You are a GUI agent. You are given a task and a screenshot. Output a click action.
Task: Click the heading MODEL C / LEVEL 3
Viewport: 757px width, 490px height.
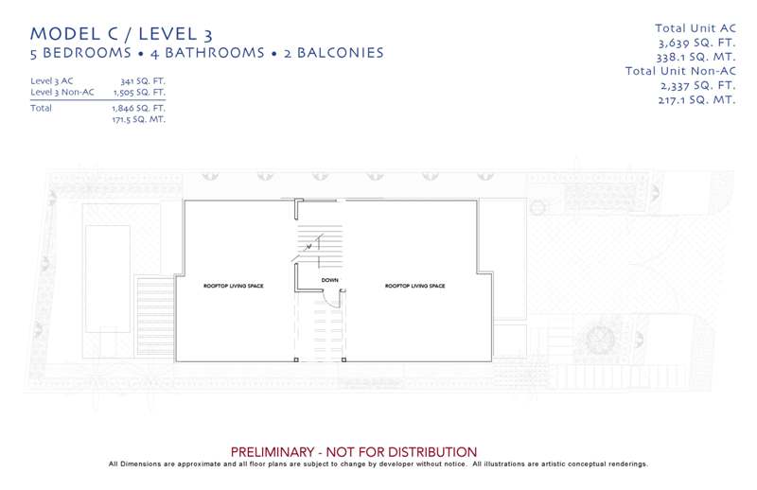click(121, 34)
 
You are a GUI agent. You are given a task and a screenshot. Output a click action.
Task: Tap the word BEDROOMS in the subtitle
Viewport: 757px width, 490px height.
click(87, 53)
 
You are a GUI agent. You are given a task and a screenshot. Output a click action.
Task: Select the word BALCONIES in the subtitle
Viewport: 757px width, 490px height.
click(341, 53)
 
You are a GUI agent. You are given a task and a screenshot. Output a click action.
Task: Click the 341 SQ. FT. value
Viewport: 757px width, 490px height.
click(143, 80)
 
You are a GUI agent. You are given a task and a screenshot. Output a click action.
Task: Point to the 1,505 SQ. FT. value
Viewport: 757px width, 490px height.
click(139, 92)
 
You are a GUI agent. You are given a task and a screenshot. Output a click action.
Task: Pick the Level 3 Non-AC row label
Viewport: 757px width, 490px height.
click(62, 92)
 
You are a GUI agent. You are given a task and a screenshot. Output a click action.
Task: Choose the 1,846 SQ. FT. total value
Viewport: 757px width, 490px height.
click(138, 108)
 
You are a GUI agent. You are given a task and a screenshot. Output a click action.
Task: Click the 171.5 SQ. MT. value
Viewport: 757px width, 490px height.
click(138, 119)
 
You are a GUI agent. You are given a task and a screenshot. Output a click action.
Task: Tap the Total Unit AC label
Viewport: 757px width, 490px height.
click(695, 28)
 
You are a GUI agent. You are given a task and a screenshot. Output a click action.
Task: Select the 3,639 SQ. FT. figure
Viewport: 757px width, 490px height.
click(697, 43)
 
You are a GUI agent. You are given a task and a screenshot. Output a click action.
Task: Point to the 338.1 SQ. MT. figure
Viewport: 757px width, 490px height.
click(696, 57)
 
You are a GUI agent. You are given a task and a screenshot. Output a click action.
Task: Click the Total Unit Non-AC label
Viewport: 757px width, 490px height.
click(680, 71)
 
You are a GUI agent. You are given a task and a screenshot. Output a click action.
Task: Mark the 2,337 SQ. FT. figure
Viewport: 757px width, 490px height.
click(698, 85)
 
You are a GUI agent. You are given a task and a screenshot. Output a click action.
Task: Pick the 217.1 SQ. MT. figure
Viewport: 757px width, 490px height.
click(697, 100)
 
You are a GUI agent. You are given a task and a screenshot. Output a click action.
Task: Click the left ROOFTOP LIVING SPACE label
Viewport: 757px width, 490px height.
click(234, 286)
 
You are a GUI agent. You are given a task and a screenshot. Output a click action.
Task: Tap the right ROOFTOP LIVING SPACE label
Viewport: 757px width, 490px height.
click(415, 286)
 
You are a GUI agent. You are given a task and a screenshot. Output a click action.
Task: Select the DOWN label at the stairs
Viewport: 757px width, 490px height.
click(329, 280)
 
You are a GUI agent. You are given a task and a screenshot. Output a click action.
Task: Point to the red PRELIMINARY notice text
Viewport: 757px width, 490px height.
click(354, 452)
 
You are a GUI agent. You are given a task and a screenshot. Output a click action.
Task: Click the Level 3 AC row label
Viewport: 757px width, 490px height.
click(52, 80)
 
